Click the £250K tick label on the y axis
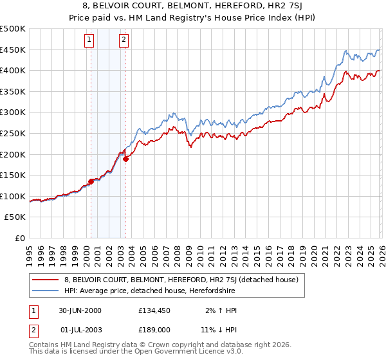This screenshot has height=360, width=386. [13, 133]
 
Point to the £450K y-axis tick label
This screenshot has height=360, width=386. [13, 50]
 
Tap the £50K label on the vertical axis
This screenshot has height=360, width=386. [15, 217]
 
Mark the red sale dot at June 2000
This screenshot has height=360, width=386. [91, 181]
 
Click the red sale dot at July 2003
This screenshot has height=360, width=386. [125, 159]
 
